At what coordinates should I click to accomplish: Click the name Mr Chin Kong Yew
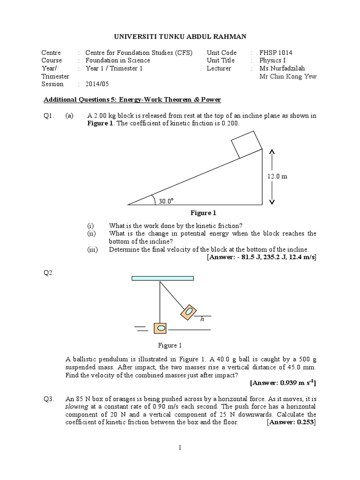(x=288, y=76)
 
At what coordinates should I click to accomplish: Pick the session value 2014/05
(x=96, y=84)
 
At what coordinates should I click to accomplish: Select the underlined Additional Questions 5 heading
(x=132, y=100)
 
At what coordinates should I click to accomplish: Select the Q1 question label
(x=48, y=116)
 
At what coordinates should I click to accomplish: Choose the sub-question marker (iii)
(x=92, y=250)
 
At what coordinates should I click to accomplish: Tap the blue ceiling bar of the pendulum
(x=163, y=278)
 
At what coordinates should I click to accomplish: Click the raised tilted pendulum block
(x=188, y=311)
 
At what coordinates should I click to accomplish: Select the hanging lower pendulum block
(x=161, y=328)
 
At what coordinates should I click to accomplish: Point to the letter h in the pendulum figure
(x=202, y=319)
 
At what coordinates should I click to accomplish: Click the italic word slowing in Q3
(x=75, y=407)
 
